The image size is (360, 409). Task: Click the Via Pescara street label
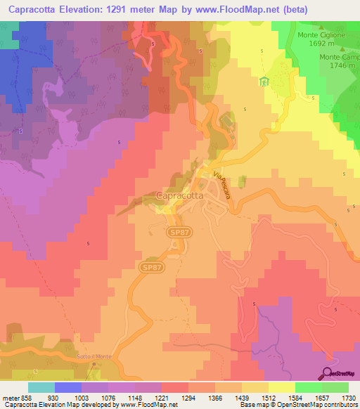click(222, 185)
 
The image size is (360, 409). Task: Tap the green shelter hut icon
click(264, 82)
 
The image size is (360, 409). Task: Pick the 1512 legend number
click(284, 398)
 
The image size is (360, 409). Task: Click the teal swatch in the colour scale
click(41, 387)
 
